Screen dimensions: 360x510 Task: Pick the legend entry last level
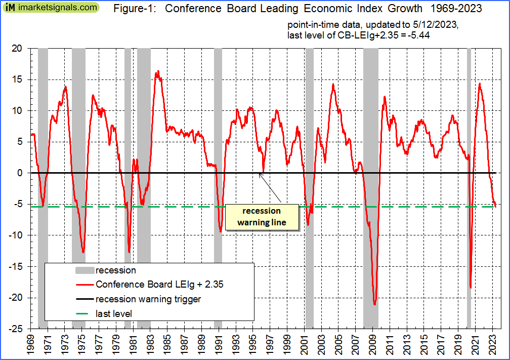pos(114,314)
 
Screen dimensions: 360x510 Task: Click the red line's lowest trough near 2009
pos(374,304)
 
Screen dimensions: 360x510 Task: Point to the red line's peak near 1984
pos(158,71)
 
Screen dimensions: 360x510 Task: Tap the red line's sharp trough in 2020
pos(471,288)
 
